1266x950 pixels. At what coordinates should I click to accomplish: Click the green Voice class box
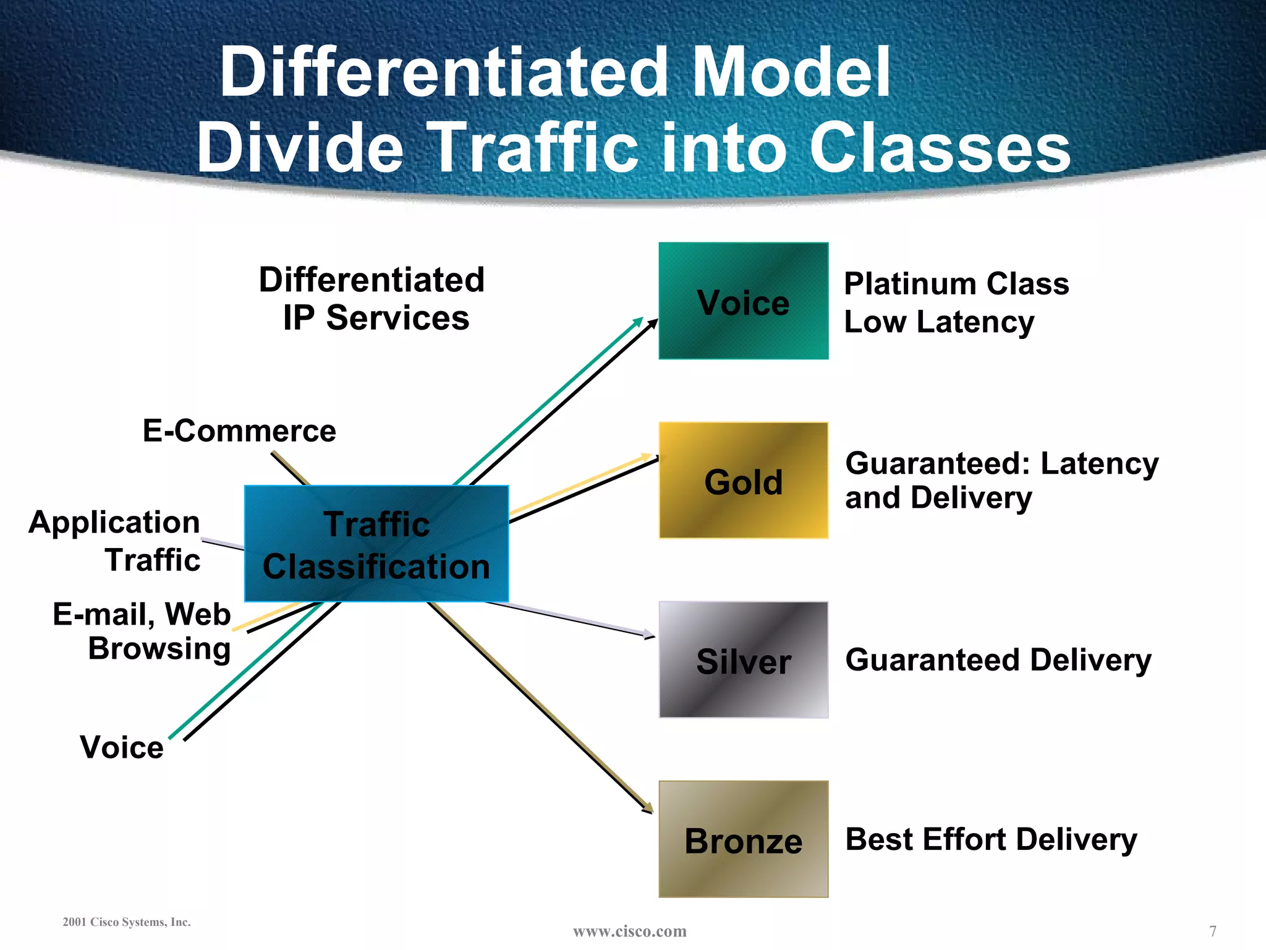pos(743,301)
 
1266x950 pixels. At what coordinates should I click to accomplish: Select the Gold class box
pos(743,481)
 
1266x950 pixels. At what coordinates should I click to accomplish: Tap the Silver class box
pos(743,660)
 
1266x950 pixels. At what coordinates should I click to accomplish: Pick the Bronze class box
pos(743,839)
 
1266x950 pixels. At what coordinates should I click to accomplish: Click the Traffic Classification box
pos(376,544)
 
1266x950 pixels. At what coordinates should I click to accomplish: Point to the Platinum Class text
pos(956,285)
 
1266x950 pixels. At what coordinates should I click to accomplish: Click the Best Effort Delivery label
pos(991,840)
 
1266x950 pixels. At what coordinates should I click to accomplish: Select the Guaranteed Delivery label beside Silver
pos(998,660)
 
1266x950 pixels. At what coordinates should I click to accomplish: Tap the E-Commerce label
pos(239,430)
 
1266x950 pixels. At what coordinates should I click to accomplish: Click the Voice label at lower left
pos(122,747)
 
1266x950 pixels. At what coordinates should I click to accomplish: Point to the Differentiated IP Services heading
pos(372,299)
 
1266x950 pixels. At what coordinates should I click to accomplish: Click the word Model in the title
pos(791,72)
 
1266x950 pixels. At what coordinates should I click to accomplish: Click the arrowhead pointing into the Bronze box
pos(648,808)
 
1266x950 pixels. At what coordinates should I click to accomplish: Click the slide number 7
pos(1213,931)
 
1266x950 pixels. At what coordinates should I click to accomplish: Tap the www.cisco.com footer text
pos(629,931)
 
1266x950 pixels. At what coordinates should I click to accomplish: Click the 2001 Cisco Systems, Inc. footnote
pos(127,922)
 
